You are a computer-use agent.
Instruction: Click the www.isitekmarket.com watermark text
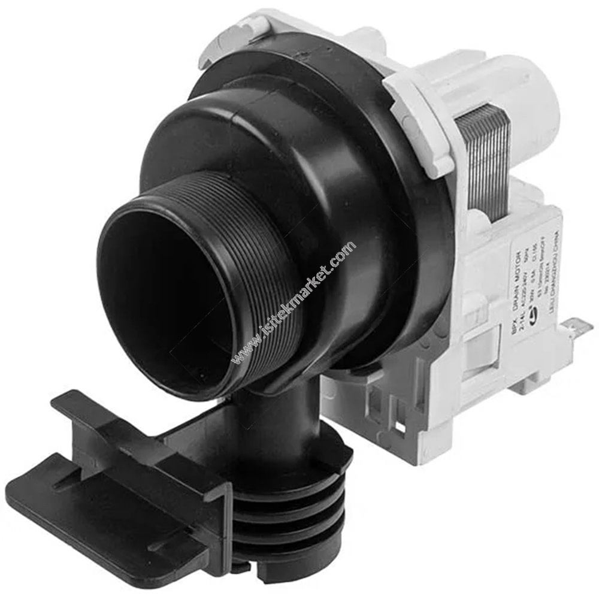point(294,303)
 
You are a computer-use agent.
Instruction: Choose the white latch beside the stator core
point(419,120)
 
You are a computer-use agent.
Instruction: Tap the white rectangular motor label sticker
point(527,282)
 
